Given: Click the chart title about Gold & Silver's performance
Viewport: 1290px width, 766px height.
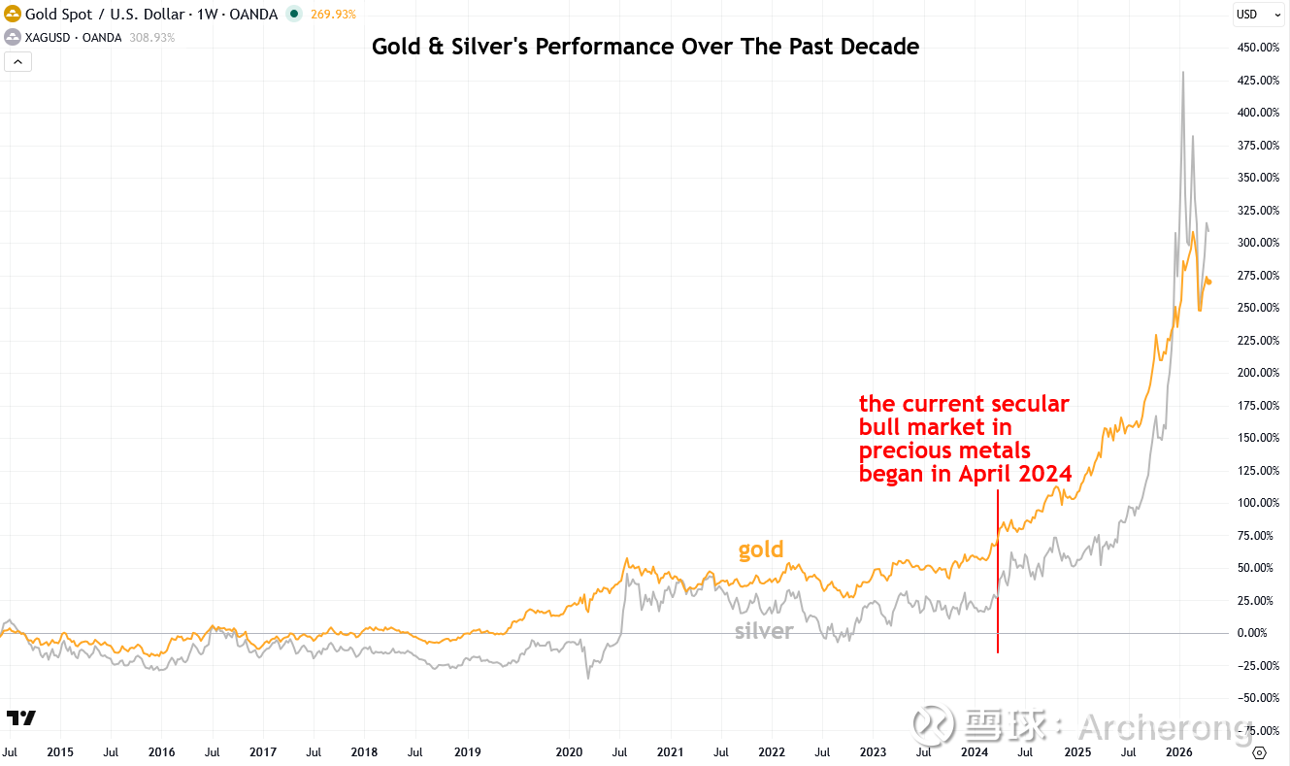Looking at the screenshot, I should (645, 46).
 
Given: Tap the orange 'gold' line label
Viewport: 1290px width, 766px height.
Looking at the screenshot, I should (760, 550).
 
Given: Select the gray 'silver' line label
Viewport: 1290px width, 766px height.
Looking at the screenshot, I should (764, 631).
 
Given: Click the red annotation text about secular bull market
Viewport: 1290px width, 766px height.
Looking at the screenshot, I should (965, 439).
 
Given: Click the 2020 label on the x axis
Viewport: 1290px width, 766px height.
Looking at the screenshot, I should (569, 752).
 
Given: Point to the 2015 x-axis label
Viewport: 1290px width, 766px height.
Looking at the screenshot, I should (60, 752).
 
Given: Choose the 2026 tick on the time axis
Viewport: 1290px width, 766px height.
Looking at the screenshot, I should (1178, 752).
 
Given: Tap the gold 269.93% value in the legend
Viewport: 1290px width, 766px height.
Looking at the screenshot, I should (334, 15).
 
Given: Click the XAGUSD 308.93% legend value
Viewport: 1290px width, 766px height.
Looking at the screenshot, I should (152, 37).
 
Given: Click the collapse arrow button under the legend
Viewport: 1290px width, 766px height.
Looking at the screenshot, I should (18, 61).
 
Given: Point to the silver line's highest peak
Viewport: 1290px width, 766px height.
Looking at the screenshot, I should (1182, 73).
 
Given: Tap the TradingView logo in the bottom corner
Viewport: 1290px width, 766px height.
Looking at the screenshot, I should (21, 718).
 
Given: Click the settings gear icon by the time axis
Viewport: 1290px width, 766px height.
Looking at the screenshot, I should (1260, 752).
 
